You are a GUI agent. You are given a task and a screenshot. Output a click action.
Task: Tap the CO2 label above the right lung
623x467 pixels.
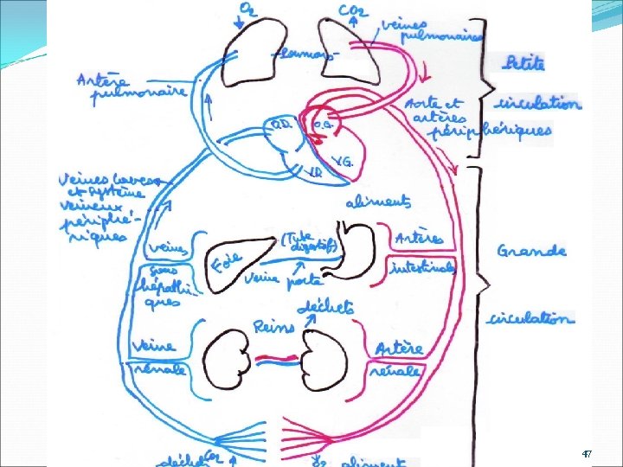tap(351, 10)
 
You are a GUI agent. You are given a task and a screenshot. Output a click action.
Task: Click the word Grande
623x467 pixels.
tap(531, 251)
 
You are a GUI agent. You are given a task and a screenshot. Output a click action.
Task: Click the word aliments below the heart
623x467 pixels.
tap(378, 202)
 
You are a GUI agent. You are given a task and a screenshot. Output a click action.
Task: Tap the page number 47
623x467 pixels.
tap(587, 454)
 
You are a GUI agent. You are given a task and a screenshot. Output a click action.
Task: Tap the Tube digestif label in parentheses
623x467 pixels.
tap(309, 242)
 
